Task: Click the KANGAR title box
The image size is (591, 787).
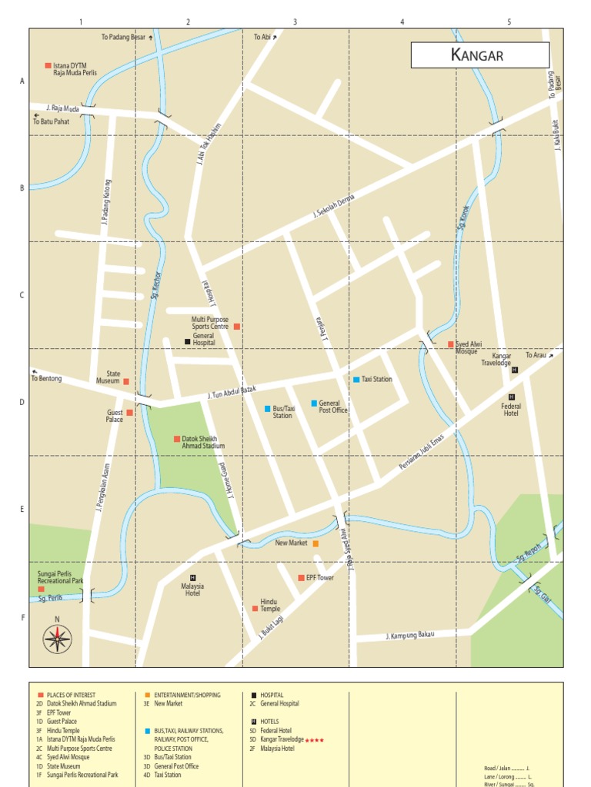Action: click(479, 55)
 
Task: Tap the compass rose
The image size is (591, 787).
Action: click(57, 638)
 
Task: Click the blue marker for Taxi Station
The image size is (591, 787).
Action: click(356, 380)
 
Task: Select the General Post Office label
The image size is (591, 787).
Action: click(333, 407)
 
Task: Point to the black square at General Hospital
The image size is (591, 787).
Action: click(187, 341)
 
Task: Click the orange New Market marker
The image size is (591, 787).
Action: click(316, 543)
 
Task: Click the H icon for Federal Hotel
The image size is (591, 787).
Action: click(511, 397)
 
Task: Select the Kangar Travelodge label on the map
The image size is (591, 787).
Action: click(496, 360)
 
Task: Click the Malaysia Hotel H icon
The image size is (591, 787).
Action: click(192, 577)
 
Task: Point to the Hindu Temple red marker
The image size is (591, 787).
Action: click(255, 608)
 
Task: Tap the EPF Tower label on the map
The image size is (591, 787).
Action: click(320, 578)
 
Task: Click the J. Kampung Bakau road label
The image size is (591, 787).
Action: click(410, 636)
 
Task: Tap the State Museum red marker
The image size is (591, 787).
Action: click(126, 381)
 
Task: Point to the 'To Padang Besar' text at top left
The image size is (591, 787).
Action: click(122, 37)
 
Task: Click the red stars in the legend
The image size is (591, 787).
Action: click(314, 740)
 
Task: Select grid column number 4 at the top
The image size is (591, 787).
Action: click(402, 22)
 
